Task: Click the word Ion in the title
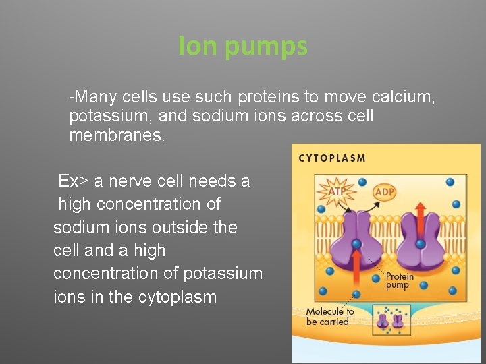coord(195,46)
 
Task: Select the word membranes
coord(116,135)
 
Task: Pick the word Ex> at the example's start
coord(73,181)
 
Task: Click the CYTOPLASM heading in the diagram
coord(332,159)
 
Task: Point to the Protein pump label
coord(399,280)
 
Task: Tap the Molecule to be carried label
coord(329,316)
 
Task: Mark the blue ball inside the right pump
coord(420,243)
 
